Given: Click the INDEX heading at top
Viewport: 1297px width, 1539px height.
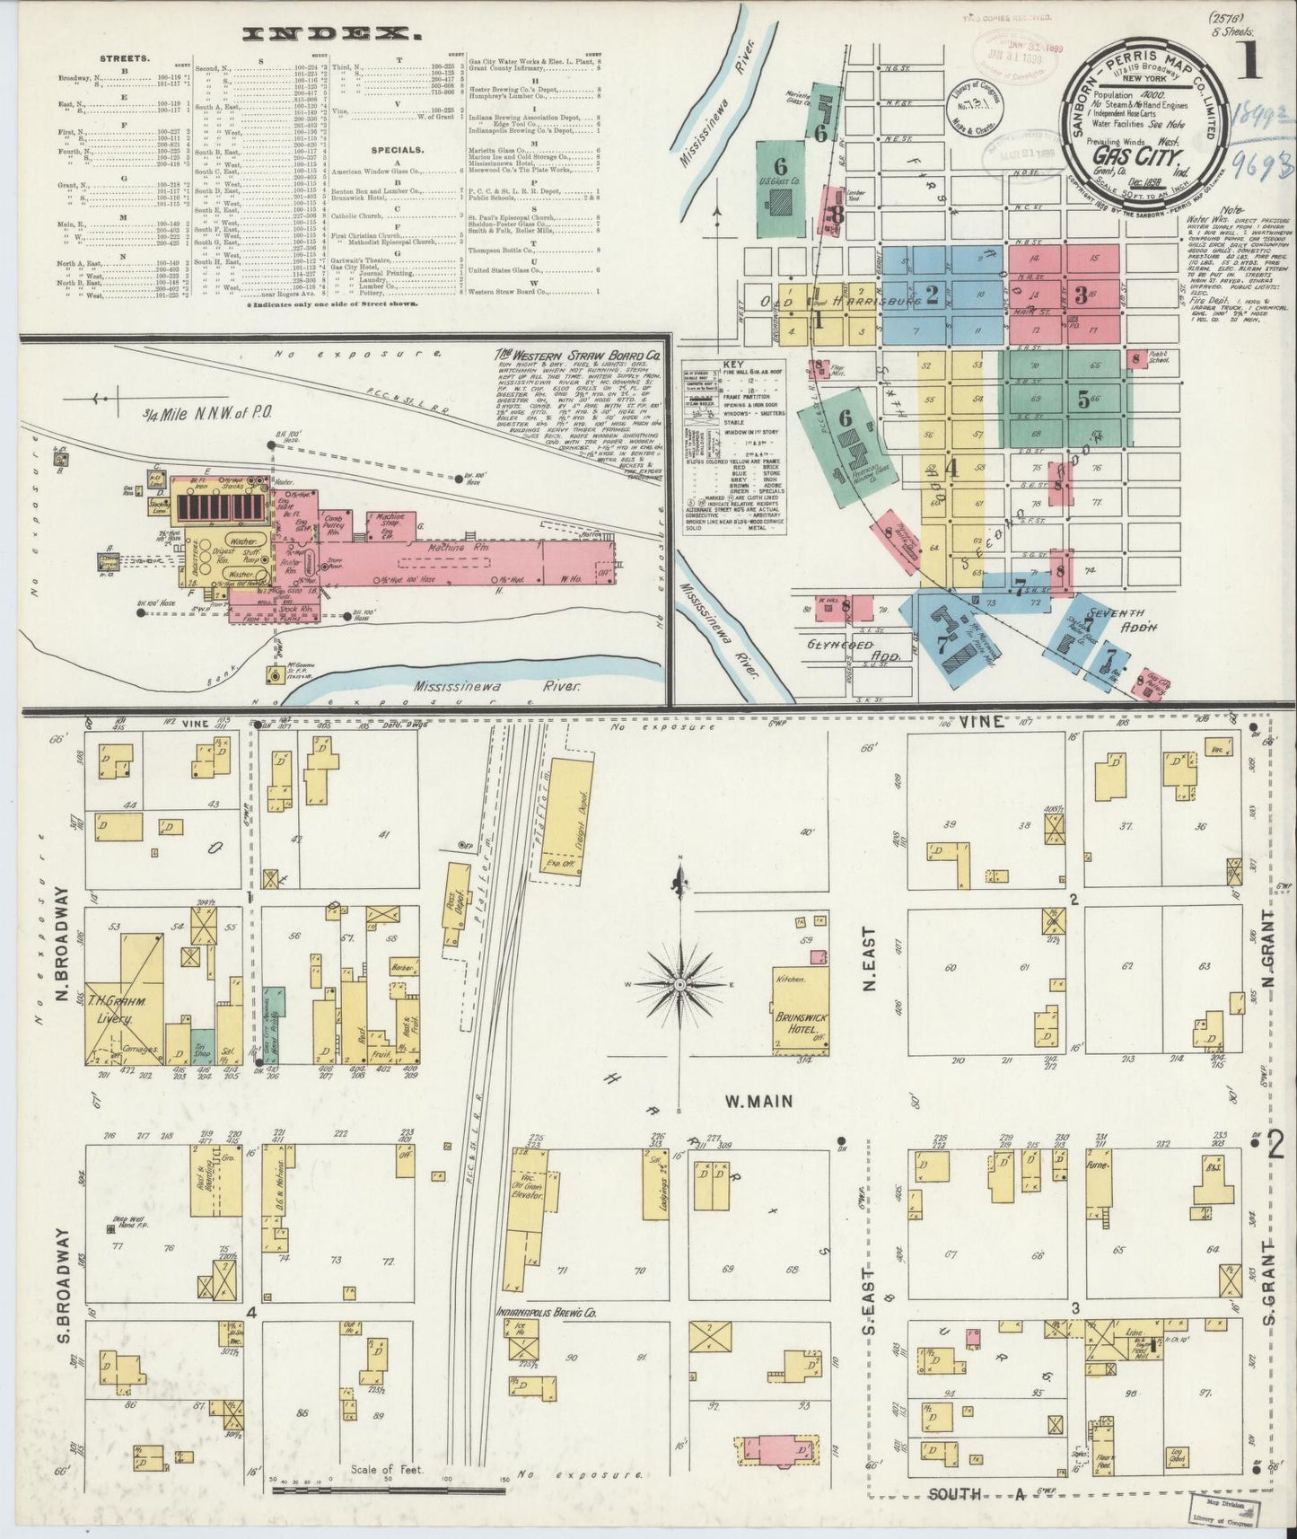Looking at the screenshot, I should (x=331, y=34).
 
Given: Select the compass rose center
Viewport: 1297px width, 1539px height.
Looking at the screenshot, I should (x=680, y=985).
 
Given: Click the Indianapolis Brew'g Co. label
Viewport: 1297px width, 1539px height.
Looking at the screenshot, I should (x=547, y=1312).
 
